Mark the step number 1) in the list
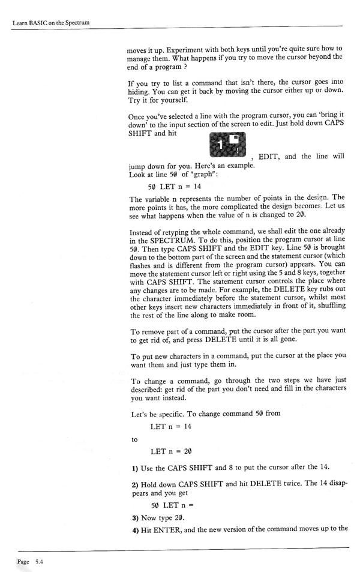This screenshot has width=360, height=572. pos(134,468)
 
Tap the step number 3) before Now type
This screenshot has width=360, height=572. pos(134,517)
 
